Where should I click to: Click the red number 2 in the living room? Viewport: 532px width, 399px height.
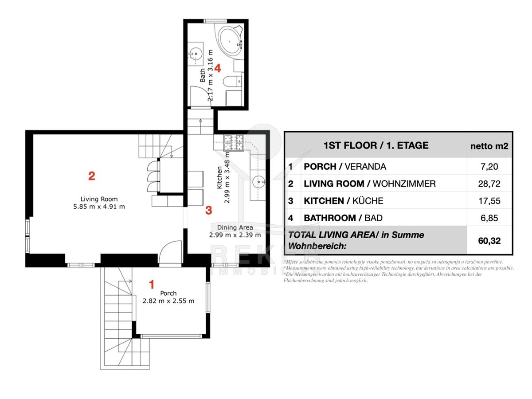point(92,176)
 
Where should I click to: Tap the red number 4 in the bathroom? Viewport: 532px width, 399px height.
point(218,68)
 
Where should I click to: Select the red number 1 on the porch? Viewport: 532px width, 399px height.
point(152,285)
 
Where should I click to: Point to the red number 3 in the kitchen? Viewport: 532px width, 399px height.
point(209,210)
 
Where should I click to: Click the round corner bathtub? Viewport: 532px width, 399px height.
point(230,41)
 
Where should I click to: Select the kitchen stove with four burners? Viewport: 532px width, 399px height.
point(233,143)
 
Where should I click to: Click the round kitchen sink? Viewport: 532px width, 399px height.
point(258,181)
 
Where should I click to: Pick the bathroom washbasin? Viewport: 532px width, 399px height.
point(196,54)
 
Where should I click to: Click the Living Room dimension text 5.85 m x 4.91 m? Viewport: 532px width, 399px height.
point(99,207)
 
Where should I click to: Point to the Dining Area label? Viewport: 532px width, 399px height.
point(235,227)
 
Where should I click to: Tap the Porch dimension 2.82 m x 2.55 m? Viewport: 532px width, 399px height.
point(168,301)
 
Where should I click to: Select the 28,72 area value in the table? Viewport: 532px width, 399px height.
point(489,184)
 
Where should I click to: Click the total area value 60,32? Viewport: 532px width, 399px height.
point(489,241)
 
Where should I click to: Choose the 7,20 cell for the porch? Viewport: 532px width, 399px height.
point(489,167)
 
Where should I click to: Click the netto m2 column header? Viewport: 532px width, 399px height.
point(489,146)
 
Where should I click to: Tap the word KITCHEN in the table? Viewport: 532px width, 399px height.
point(324,201)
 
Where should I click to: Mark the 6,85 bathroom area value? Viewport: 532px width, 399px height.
point(489,218)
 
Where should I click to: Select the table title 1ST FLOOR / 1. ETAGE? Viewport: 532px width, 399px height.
point(376,145)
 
